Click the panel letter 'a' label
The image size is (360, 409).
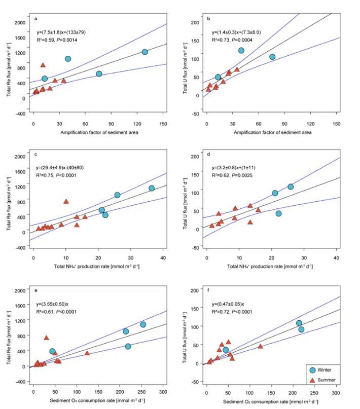click(x=36, y=19)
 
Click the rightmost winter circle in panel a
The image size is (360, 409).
click(x=145, y=52)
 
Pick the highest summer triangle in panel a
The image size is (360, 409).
click(x=43, y=65)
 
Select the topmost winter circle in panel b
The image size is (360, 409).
click(x=241, y=50)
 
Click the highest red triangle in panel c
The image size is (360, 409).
click(x=66, y=201)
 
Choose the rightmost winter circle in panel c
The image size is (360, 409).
click(x=152, y=188)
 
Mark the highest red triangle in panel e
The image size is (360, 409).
click(x=46, y=338)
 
